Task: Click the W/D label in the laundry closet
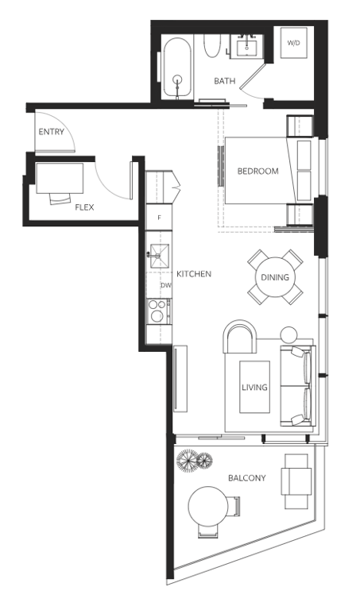point(293,43)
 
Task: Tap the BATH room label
point(225,81)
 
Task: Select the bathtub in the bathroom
point(177,69)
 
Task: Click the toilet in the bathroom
point(212,46)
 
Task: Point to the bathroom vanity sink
point(246,47)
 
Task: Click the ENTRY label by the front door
point(51,132)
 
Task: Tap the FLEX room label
point(84,207)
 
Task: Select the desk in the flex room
point(60,178)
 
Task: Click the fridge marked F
point(159,218)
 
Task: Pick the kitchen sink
point(160,256)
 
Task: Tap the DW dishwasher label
point(166,285)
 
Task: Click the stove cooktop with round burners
point(157,311)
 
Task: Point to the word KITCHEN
point(194,274)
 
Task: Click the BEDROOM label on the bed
point(257,172)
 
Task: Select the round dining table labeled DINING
point(275,277)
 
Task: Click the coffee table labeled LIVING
point(254,387)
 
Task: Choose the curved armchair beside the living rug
point(240,336)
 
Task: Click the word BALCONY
point(246,477)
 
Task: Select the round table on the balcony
point(208,506)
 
